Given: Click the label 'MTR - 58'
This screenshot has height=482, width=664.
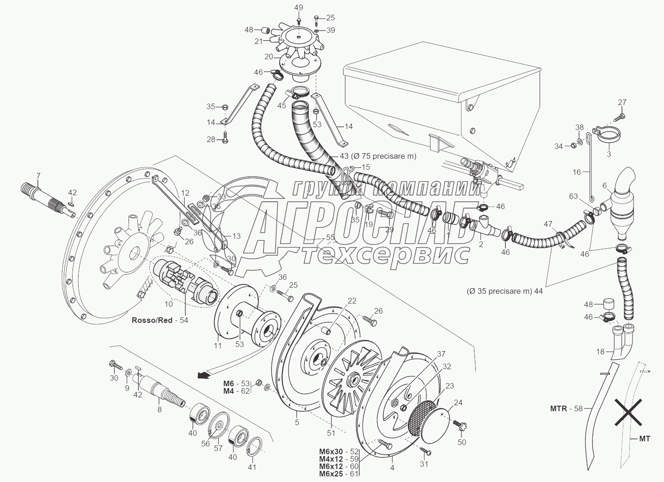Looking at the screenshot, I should click(566, 408).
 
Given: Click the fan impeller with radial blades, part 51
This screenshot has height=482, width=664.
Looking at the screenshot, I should click(350, 380).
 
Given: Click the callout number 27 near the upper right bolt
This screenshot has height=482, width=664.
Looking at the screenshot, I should click(622, 102).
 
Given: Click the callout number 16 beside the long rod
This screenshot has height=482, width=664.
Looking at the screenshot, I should click(577, 172).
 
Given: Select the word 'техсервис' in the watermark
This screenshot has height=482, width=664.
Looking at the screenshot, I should click(386, 254).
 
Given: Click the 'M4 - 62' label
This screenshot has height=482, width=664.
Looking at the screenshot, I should click(236, 391).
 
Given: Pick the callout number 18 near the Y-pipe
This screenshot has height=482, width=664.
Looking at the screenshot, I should click(600, 352).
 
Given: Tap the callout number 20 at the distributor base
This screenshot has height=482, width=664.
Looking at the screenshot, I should click(269, 56).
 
